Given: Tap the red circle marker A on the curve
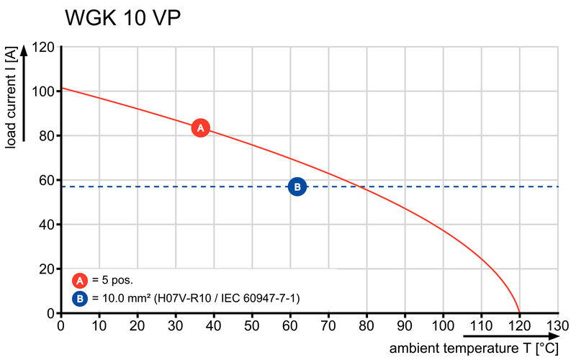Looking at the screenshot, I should click(201, 128).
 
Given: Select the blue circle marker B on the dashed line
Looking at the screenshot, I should click(297, 187).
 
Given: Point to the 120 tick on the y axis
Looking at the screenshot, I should click(43, 48).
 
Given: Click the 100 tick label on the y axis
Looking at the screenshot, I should click(43, 92).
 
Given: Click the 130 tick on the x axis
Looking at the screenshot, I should click(557, 325).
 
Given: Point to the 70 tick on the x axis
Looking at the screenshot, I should click(328, 325).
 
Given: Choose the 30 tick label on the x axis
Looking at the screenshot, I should click(176, 325).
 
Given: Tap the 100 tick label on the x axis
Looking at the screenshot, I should click(443, 325).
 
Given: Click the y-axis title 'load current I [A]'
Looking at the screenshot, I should click(11, 97).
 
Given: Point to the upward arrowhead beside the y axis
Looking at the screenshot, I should click(24, 50).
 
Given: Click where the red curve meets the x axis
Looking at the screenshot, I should click(519, 312).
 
